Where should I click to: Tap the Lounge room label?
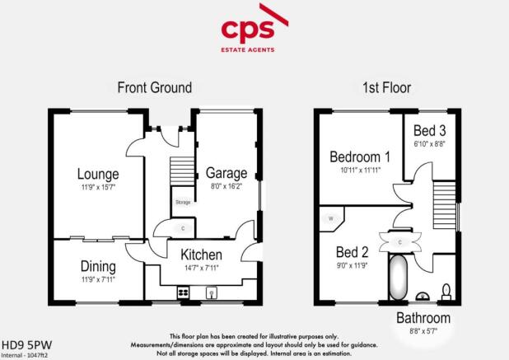(x=98, y=174)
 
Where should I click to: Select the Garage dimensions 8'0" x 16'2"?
(x=226, y=188)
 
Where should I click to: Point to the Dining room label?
(x=98, y=266)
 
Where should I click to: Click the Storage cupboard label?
(x=182, y=201)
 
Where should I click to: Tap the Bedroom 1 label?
(x=359, y=157)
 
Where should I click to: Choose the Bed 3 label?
(x=429, y=131)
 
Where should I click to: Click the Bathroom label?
(x=423, y=318)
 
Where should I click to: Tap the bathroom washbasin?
(x=423, y=295)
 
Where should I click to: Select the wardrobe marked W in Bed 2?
(x=331, y=219)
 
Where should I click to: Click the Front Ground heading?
(x=154, y=87)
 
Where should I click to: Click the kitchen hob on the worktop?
(x=183, y=292)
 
